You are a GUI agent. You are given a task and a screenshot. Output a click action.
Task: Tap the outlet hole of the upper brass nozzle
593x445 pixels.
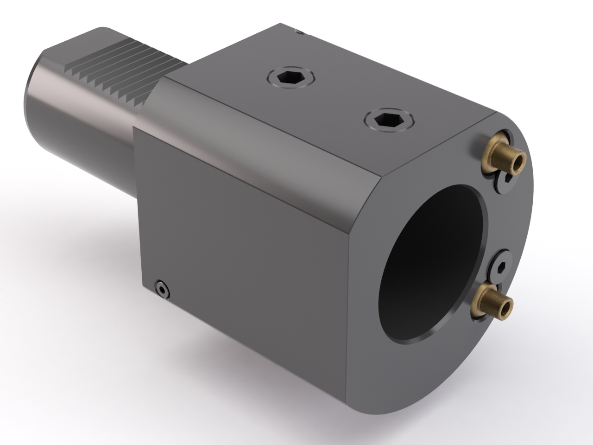pyautogui.click(x=518, y=162)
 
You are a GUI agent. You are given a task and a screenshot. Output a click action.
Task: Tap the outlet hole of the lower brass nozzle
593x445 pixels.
pyautogui.click(x=507, y=306)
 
